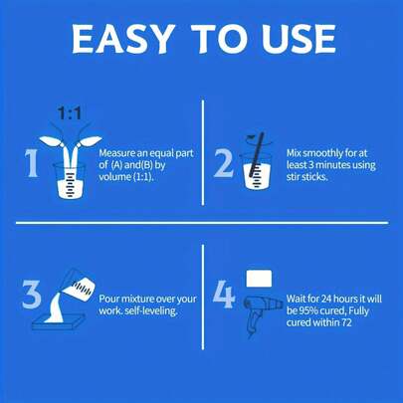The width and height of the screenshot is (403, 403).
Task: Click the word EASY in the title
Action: click(123, 39)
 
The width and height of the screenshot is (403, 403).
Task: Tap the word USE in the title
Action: click(299, 39)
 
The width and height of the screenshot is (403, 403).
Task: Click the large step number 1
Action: click(32, 163)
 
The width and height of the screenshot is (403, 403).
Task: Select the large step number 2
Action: click(223, 163)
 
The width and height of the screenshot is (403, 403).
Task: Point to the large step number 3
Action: click(32, 295)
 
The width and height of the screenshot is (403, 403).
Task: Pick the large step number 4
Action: click(224, 295)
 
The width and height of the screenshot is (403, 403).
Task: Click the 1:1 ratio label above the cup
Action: click(70, 113)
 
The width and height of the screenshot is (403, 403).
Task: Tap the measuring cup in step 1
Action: click(70, 181)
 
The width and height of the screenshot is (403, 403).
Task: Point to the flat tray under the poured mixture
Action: click(59, 323)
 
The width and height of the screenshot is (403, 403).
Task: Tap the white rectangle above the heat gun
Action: click(259, 279)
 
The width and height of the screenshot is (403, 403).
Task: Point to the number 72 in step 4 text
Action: click(346, 322)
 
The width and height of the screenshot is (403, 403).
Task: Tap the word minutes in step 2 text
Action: click(331, 165)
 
